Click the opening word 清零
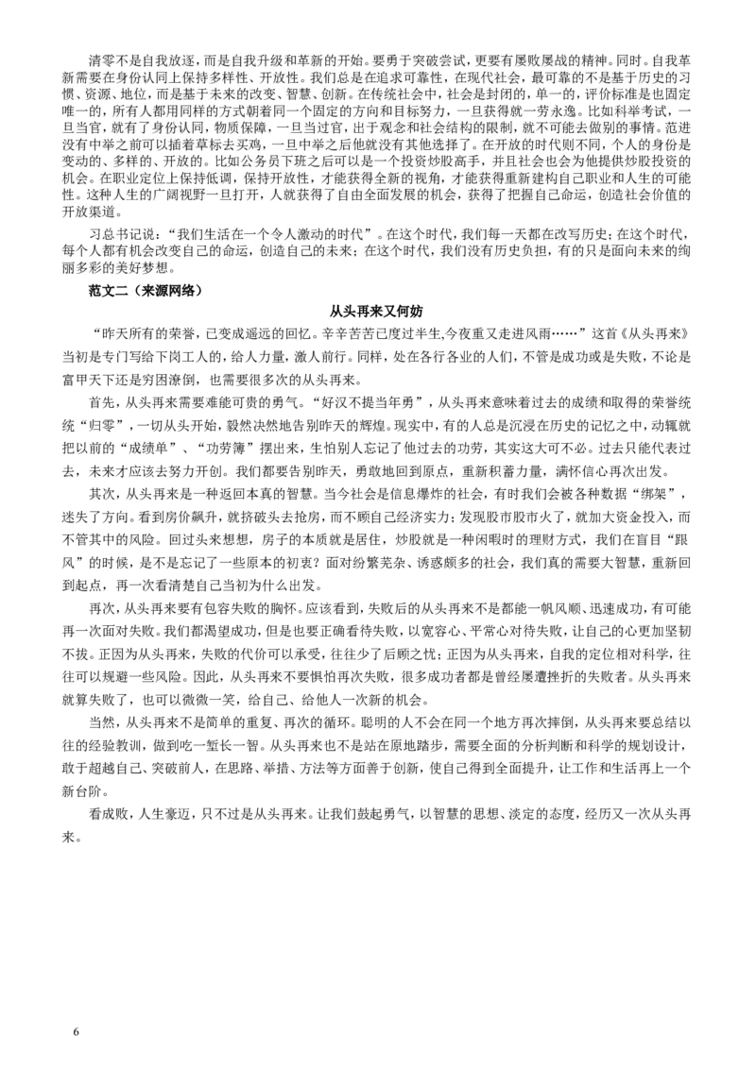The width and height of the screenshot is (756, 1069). click(99, 53)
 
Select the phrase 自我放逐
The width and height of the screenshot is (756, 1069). click(169, 53)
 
